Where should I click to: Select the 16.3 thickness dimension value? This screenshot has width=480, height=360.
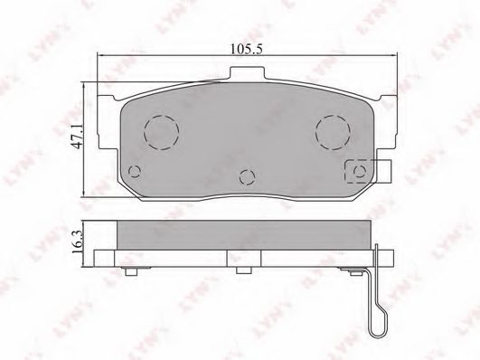(76, 241)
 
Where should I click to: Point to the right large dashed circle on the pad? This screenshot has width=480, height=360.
(331, 132)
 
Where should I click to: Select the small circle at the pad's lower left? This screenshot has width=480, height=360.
(135, 169)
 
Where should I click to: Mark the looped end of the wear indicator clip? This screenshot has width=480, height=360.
(379, 320)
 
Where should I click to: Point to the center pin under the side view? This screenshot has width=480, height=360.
(242, 270)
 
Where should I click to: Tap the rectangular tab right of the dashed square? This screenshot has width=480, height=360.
(383, 169)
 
